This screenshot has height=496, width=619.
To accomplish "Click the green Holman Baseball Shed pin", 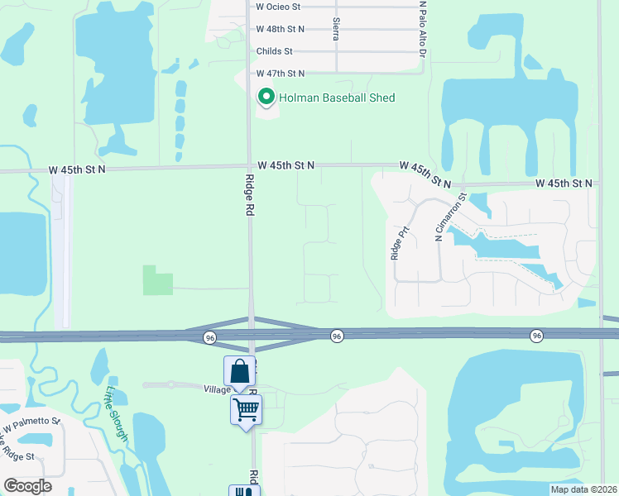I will pos(266,98).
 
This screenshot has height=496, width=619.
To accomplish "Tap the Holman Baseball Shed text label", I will pos(337,98).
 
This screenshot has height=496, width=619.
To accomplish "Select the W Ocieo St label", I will pos(278,6).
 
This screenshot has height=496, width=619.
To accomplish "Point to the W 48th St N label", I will pos(281,29).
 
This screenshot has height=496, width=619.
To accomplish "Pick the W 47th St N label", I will pos(281,74).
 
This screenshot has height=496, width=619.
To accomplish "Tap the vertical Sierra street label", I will pos(336,31).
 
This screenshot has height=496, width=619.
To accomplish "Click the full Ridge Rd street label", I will pos(248,195).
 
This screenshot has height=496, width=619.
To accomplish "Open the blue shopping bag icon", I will pos(239,371).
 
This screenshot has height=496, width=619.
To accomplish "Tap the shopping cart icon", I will pos(246,408).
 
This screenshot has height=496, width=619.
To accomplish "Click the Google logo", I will pos(26,486).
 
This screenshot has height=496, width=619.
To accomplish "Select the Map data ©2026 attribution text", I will pos(583,489).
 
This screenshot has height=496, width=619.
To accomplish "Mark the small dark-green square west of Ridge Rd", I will pos(158,280).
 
